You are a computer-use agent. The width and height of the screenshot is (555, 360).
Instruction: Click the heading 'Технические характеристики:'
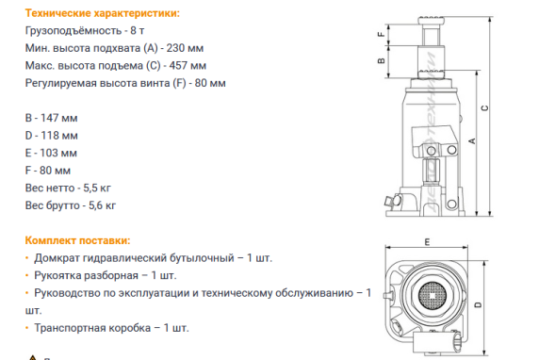coord(90,14)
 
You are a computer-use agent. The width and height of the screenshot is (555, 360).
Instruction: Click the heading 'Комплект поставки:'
coord(77,239)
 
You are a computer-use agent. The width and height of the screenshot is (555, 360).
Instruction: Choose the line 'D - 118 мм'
coord(51,136)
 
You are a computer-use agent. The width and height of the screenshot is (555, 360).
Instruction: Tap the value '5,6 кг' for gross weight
coord(100,204)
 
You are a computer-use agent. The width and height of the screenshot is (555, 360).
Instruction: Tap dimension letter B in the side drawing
coord(380,61)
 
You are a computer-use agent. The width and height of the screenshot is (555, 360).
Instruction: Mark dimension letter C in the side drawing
coord(484,108)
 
